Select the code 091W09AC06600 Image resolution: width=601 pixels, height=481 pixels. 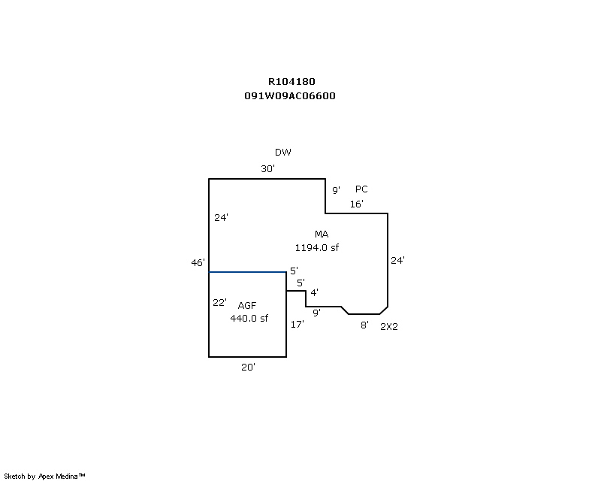[x=289, y=96]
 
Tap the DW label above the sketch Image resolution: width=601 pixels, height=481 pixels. [x=282, y=153]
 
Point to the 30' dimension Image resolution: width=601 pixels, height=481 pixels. [x=268, y=169]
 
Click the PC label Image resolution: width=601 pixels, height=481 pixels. [x=361, y=189]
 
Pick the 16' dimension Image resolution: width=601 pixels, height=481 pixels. [x=357, y=204]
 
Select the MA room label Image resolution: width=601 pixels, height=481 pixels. [x=322, y=234]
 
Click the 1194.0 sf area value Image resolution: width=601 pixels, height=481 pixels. [x=322, y=247]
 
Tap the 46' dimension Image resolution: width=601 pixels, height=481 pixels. [x=198, y=262]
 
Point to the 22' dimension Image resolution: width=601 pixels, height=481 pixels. [x=219, y=302]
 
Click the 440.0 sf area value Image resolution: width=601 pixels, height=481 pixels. [x=249, y=318]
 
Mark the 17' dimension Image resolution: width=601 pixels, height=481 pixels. [x=297, y=325]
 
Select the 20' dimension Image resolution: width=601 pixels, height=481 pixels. [x=248, y=367]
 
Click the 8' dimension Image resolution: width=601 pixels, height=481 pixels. [x=364, y=325]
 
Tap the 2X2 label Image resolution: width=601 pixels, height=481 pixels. [x=388, y=326]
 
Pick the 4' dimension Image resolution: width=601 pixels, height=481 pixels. [x=314, y=292]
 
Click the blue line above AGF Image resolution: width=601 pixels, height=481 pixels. [x=247, y=272]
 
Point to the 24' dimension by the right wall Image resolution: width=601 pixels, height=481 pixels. [x=397, y=261]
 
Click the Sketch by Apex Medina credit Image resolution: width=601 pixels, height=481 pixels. [x=45, y=476]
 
